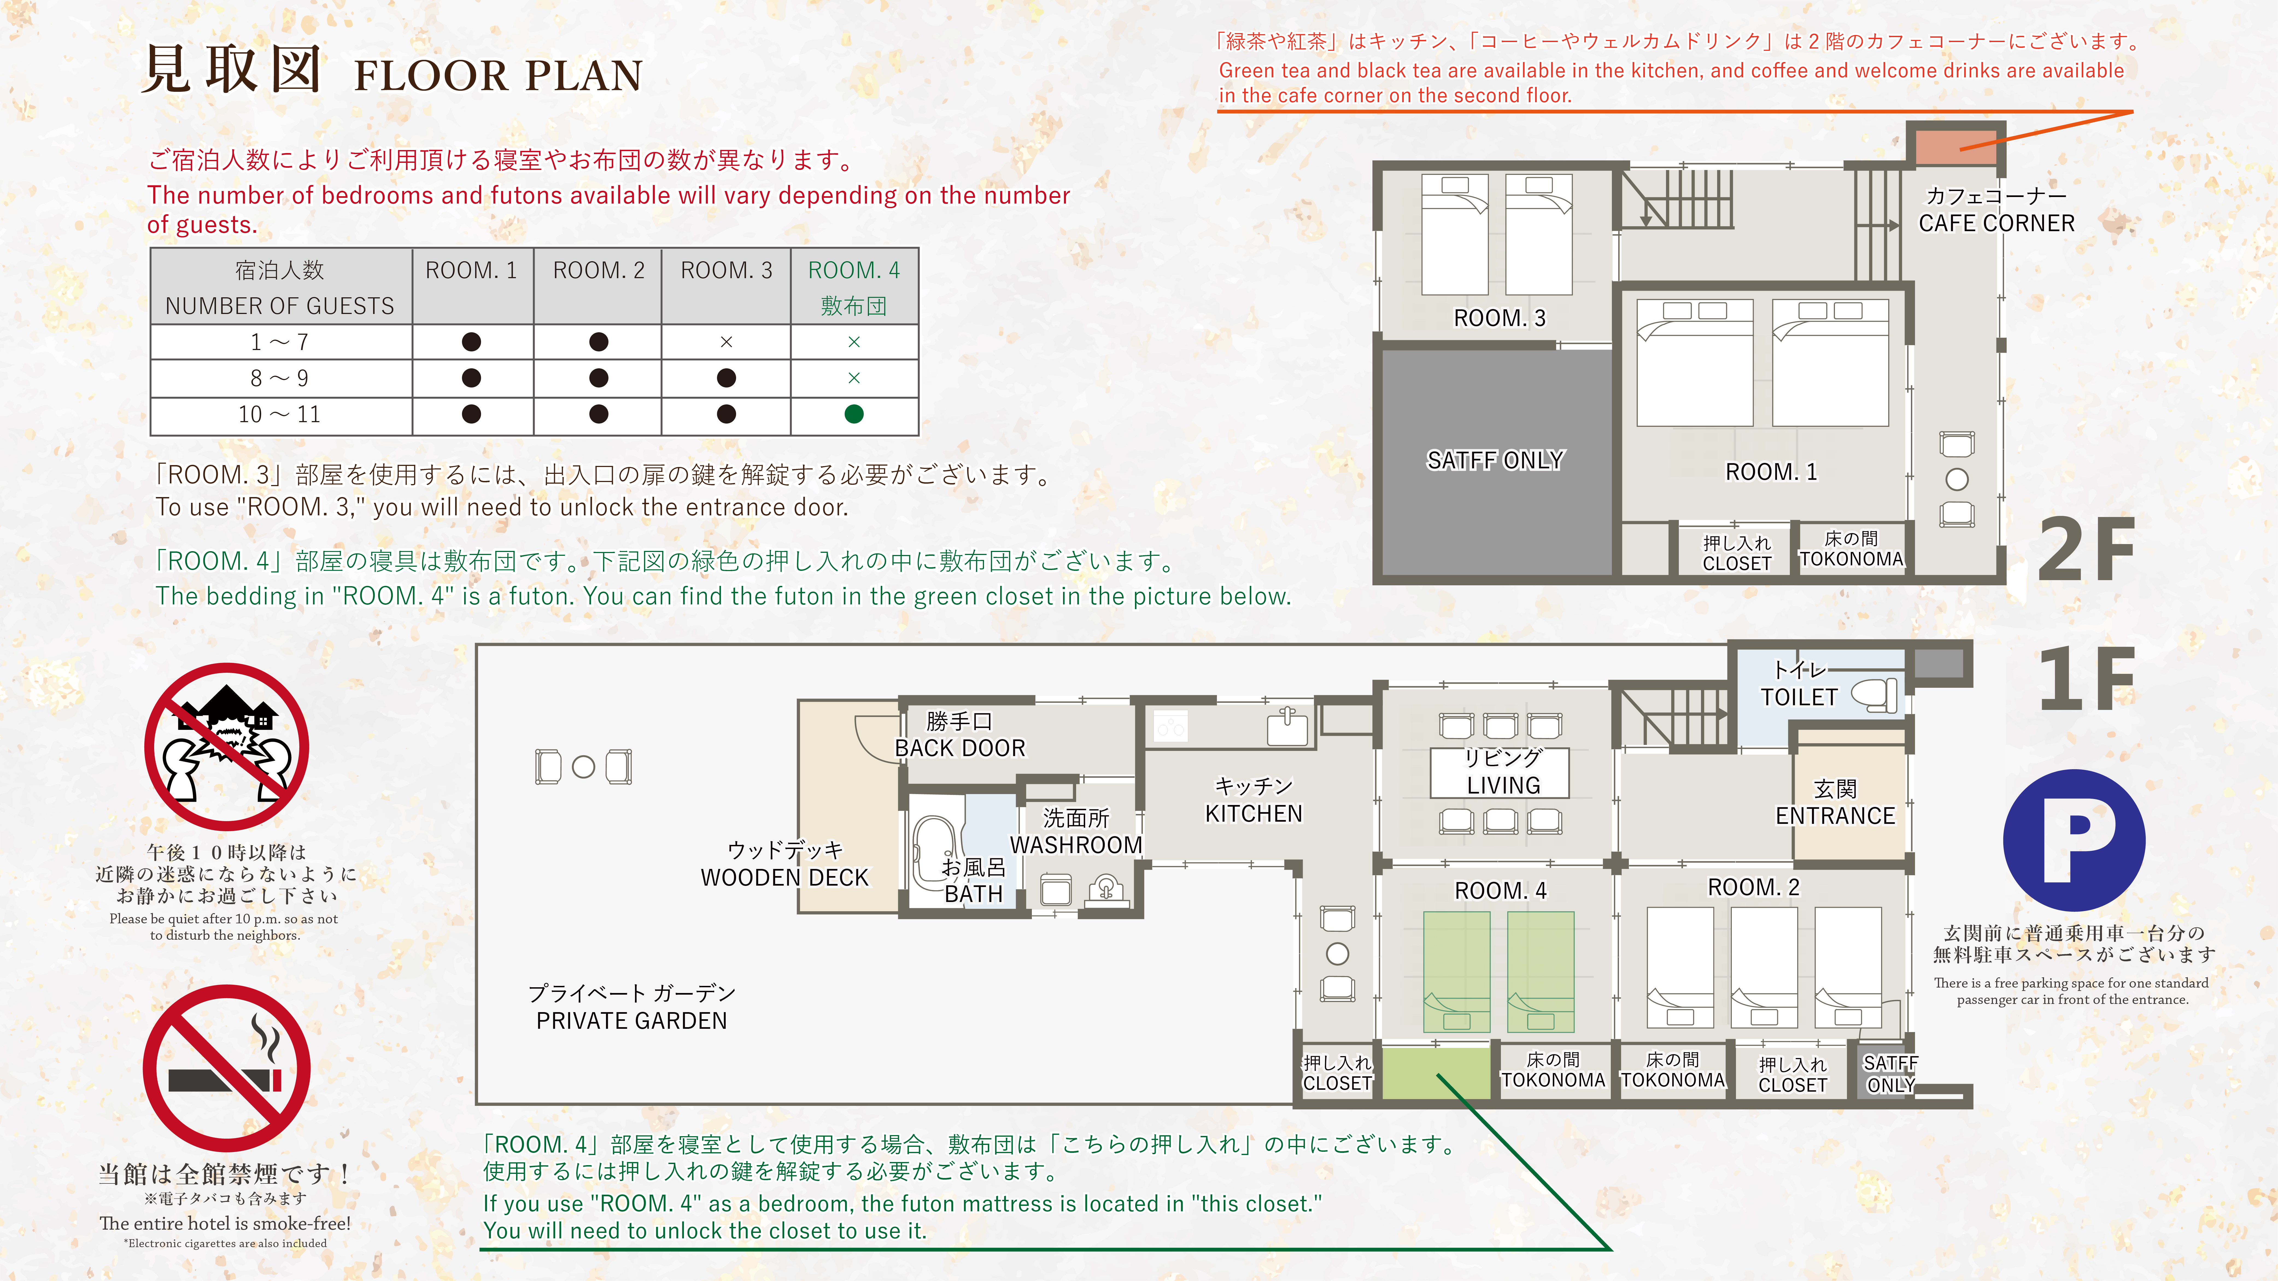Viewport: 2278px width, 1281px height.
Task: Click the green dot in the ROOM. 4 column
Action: coord(853,414)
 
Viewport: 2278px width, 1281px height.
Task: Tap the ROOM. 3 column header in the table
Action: coord(726,271)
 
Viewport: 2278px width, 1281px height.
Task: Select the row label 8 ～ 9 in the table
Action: coord(279,378)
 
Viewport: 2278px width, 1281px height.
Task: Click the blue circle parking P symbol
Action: coord(2074,840)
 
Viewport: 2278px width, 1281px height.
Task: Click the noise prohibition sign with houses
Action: coord(226,745)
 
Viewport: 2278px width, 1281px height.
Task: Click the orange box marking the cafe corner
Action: coord(1955,146)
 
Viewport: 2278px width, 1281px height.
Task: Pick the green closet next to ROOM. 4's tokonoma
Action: coord(1435,1072)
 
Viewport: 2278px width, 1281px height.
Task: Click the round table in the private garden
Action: coord(584,766)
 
